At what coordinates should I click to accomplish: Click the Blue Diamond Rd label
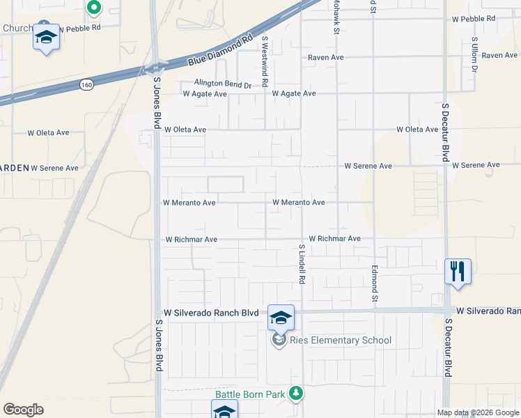tap(219, 52)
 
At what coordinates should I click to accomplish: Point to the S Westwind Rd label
tap(265, 62)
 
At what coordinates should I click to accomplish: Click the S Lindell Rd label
tap(302, 264)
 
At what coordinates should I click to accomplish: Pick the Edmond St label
tap(374, 282)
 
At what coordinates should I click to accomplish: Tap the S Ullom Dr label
tap(474, 55)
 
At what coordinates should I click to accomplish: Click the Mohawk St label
tap(336, 17)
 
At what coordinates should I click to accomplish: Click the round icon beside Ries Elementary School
tap(279, 340)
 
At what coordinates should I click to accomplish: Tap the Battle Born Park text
tap(250, 394)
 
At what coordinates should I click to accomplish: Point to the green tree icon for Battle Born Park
tap(296, 394)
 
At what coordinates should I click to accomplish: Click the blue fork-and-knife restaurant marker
tap(458, 270)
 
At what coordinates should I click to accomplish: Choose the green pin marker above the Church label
tap(94, 8)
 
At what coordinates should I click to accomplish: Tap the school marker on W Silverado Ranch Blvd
tap(281, 318)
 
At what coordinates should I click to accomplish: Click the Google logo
tap(23, 410)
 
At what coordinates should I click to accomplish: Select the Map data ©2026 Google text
tap(477, 412)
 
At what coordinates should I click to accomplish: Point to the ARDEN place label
tap(15, 168)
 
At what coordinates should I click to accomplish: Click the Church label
tap(17, 29)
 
